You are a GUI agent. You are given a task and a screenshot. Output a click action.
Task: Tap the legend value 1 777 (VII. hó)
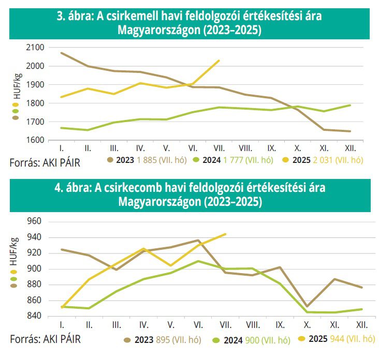coord(248,160)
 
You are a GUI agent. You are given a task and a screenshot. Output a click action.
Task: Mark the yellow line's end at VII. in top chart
coord(220,61)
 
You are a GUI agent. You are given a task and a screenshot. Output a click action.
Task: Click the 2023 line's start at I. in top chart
coord(62,53)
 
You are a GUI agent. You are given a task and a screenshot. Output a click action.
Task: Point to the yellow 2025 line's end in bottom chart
coord(226,234)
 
